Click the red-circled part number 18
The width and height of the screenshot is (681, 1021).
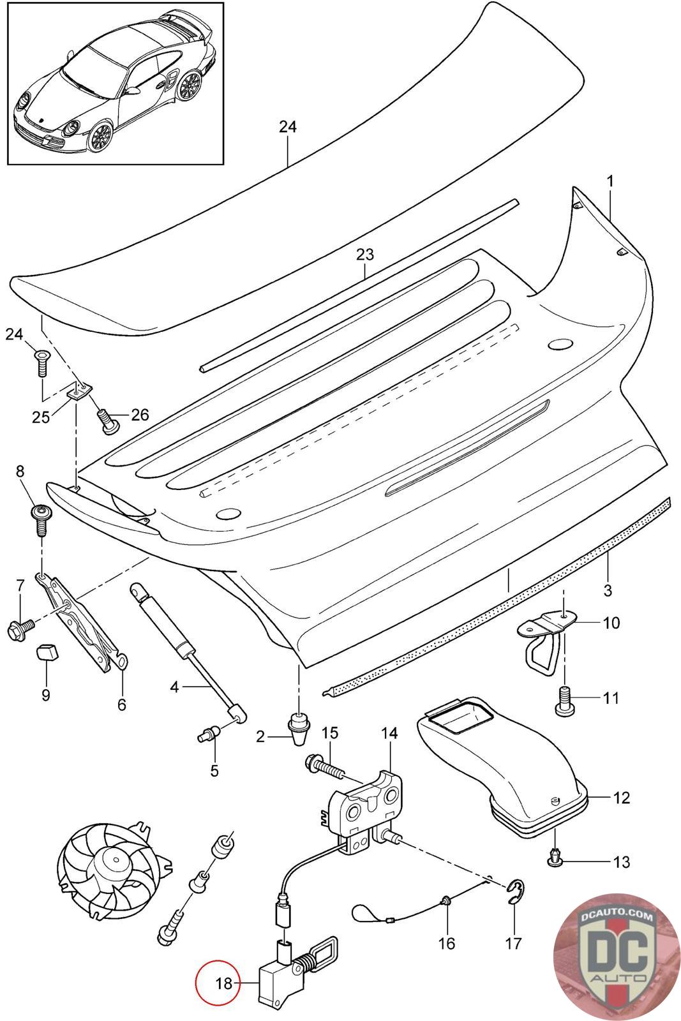point(224,983)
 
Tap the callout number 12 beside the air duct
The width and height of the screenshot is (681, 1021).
point(621,797)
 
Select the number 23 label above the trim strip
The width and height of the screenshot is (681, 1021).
point(364,255)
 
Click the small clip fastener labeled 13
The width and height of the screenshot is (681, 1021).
point(554,860)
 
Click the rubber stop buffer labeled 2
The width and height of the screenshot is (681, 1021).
point(298,731)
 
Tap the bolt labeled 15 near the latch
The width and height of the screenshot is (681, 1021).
point(326,770)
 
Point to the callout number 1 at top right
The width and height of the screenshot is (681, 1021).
point(610,181)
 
